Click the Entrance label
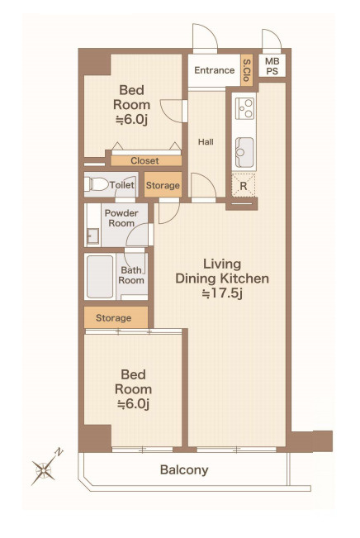pos(215,70)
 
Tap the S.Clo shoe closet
pos(247,70)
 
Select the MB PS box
pos(272,66)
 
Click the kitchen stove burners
pos(244,108)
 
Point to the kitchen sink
pos(244,152)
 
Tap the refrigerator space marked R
pos(244,186)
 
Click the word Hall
pos(206,141)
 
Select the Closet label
pos(144,160)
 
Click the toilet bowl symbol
pos(97,184)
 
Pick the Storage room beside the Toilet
pos(163,184)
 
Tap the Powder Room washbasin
pos(92,236)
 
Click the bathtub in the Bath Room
pos(100,277)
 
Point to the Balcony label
pos(184,469)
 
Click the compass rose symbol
pos(44,469)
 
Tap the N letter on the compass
pos(59,452)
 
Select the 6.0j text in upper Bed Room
pos(131,120)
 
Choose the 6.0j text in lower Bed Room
pos(134,404)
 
